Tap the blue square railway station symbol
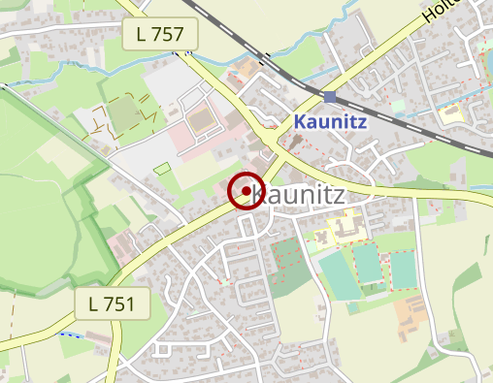(x=330, y=97)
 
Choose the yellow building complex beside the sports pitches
(x=345, y=229)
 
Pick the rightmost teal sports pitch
(x=403, y=271)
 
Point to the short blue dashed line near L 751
(x=70, y=334)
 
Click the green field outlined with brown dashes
(x=123, y=113)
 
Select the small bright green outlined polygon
(x=161, y=169)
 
